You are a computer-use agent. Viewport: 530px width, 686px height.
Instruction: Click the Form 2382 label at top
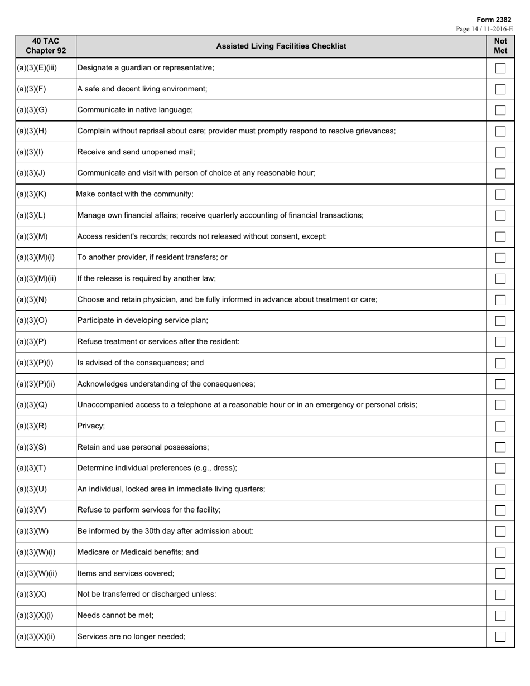(x=494, y=20)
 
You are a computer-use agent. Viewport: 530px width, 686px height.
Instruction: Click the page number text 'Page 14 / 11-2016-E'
(x=484, y=29)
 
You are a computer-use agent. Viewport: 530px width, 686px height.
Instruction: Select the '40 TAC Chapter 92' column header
(x=46, y=46)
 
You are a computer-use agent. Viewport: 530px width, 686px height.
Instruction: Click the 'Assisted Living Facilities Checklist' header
(x=281, y=46)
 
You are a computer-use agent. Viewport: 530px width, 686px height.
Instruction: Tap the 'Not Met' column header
(x=500, y=46)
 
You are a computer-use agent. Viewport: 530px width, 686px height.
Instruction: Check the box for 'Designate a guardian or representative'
(x=500, y=68)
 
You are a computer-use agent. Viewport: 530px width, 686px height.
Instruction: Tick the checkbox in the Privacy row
(x=500, y=427)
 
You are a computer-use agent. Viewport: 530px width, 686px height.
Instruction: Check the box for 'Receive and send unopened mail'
(x=500, y=152)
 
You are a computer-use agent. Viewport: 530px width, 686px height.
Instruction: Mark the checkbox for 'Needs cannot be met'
(x=500, y=616)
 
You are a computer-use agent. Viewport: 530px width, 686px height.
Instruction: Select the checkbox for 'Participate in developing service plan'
(x=500, y=321)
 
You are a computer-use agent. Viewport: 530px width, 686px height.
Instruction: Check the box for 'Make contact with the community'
(x=500, y=195)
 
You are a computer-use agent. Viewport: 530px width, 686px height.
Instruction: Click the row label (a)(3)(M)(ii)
(x=36, y=278)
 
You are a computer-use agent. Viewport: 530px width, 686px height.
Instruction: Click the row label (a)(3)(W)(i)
(x=36, y=552)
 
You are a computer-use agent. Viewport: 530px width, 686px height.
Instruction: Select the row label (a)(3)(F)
(x=31, y=89)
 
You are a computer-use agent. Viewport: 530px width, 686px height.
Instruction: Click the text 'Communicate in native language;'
(x=135, y=110)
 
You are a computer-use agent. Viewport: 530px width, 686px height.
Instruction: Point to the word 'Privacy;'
(x=91, y=426)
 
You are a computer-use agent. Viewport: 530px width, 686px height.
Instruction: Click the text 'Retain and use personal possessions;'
(x=143, y=447)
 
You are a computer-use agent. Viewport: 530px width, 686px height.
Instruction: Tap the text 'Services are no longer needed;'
(x=131, y=636)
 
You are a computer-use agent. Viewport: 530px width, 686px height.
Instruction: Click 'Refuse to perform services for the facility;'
(x=149, y=510)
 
